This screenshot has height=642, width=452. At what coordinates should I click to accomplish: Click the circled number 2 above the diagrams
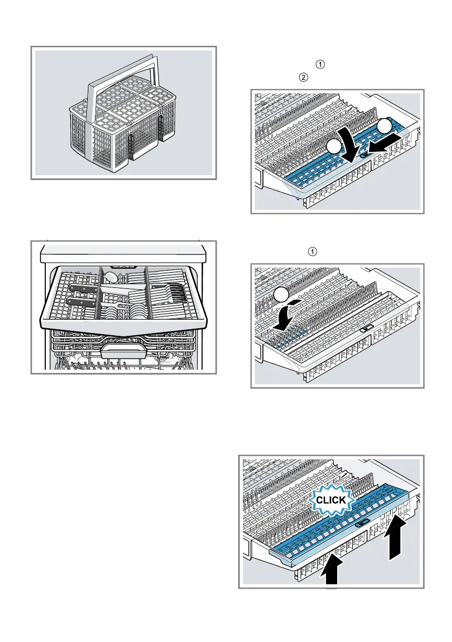303,78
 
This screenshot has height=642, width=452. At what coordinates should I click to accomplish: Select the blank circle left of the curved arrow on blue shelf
334,147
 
